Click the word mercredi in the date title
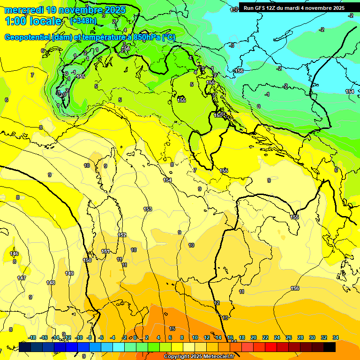tap(23, 10)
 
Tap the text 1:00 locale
tap(33, 21)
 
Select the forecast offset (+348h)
tap(83, 21)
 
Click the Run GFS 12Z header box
tap(294, 8)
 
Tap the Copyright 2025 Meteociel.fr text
tap(200, 357)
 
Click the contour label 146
tap(15, 254)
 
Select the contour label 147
tap(22, 278)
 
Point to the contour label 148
tap(51, 283)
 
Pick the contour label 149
tap(69, 273)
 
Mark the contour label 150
tap(87, 260)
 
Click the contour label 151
tap(106, 251)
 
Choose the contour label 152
tap(122, 235)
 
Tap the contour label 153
tap(148, 209)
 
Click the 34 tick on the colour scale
tap(336, 337)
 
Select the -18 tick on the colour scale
tap(32, 337)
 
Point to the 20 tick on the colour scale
tap(254, 337)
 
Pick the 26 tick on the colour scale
tap(289, 337)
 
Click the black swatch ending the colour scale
tap(330, 347)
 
